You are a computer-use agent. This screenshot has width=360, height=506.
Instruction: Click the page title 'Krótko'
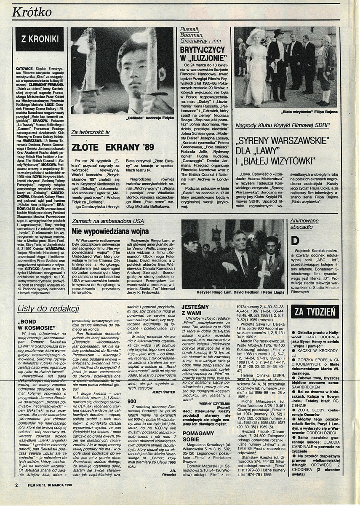(x=32, y=13)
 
